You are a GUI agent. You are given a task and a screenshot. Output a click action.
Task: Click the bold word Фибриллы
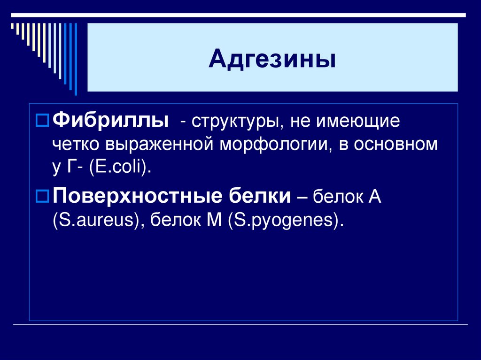coord(111,122)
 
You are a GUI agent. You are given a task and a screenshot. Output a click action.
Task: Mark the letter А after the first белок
coord(374,197)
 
